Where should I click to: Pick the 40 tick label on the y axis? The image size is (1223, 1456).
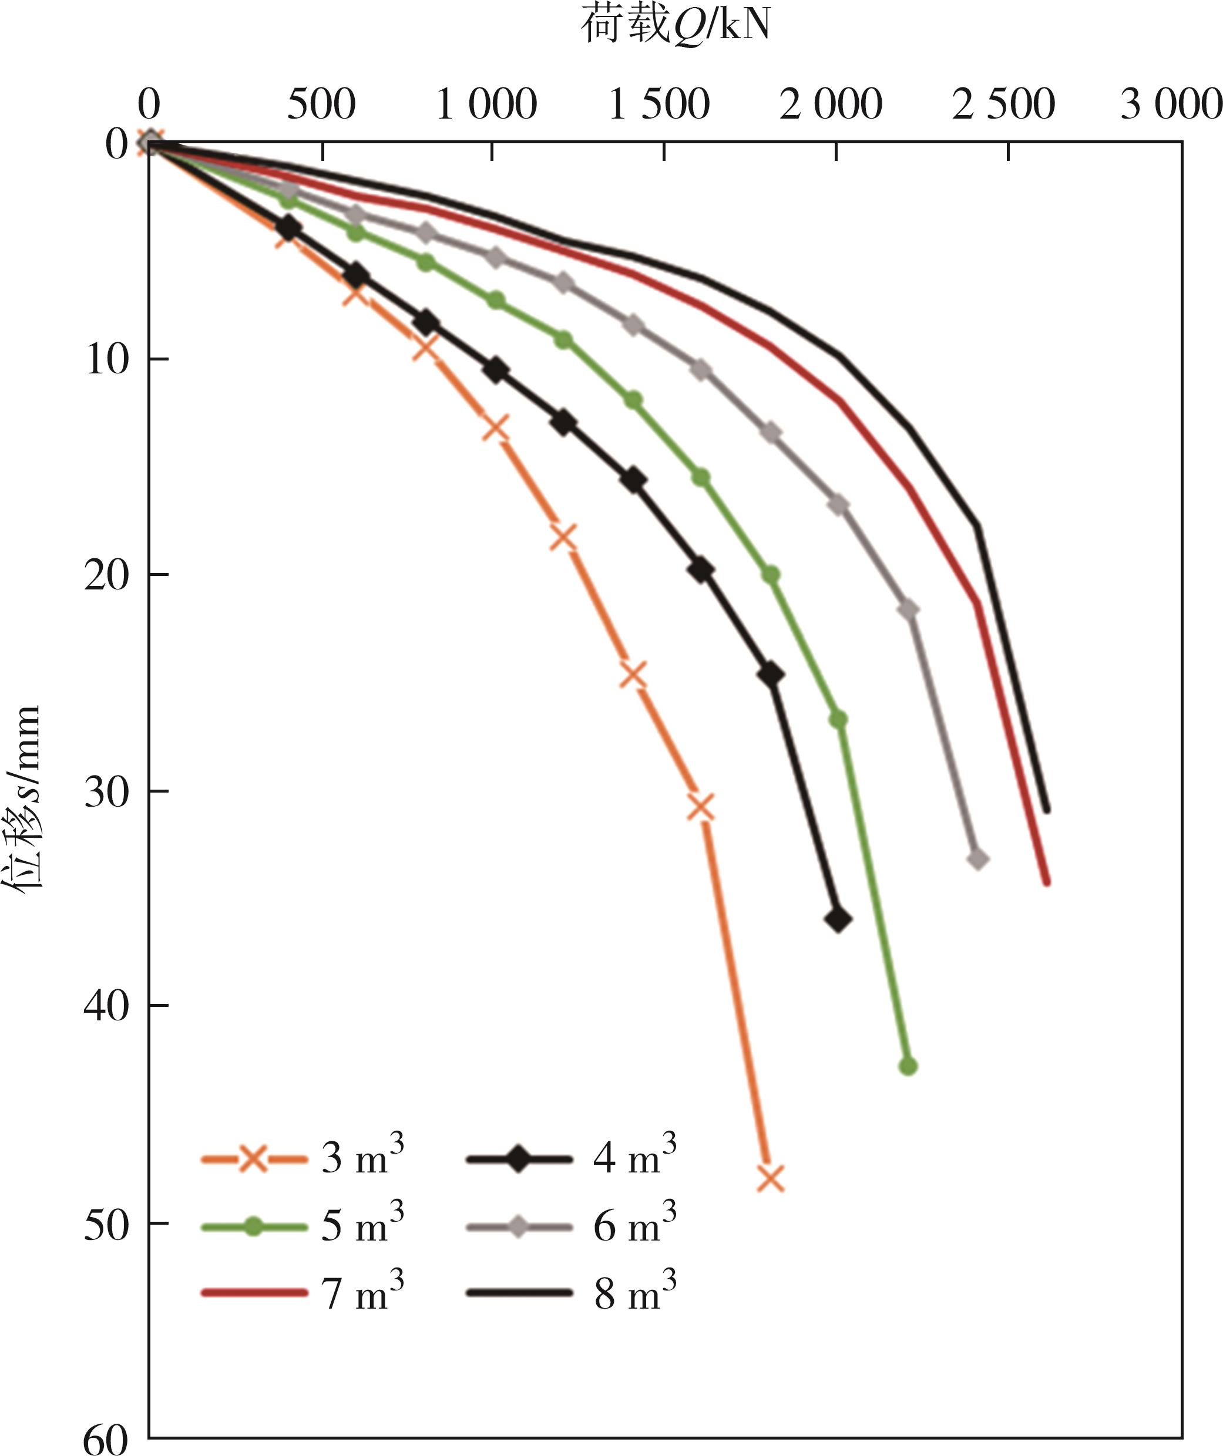(106, 1004)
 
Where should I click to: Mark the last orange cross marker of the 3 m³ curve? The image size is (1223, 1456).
(771, 1178)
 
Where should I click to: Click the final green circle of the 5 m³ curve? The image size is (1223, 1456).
(908, 1066)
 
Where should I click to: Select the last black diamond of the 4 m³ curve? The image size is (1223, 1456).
(838, 920)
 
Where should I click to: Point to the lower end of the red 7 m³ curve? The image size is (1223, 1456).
(1047, 882)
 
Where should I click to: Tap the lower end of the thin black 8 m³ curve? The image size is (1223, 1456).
(1047, 809)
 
